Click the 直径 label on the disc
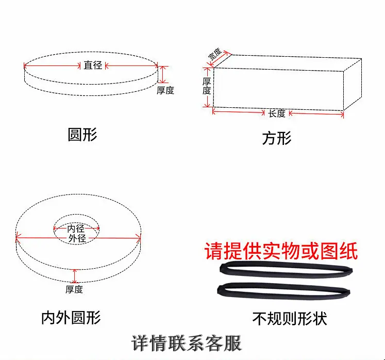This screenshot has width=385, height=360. [93, 66]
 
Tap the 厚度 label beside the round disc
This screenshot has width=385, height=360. [165, 90]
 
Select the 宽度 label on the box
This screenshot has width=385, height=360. [214, 54]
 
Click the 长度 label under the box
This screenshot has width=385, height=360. [277, 113]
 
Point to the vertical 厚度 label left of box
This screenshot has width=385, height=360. [207, 86]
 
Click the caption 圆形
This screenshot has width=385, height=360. [82, 135]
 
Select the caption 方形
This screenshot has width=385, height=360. [277, 138]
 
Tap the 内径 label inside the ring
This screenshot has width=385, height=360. [76, 228]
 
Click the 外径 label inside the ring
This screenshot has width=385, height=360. [77, 238]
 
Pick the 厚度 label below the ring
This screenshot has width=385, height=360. [74, 289]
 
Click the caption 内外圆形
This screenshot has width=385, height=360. [71, 318]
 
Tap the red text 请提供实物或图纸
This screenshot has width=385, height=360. [281, 251]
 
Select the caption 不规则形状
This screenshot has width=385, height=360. [290, 319]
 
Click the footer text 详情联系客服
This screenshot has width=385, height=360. [187, 343]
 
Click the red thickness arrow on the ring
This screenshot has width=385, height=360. [75, 276]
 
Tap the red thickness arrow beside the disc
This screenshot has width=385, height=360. [163, 74]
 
